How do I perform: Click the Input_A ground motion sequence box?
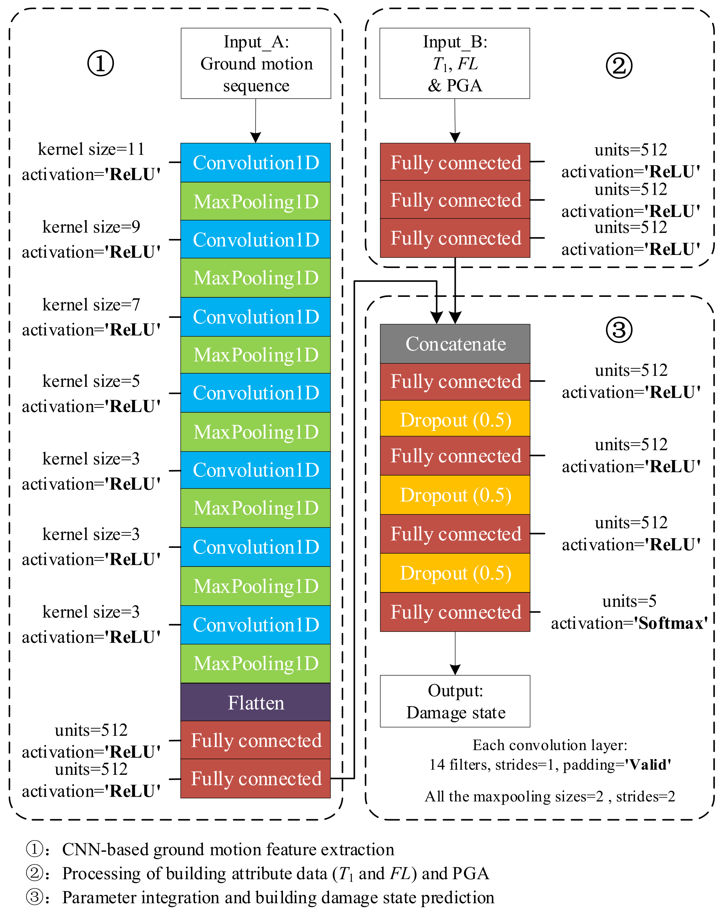(x=256, y=64)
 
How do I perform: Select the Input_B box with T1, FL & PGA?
(x=454, y=64)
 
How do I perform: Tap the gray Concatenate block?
(x=455, y=344)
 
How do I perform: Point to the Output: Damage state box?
(x=455, y=701)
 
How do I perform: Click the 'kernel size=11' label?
(x=91, y=149)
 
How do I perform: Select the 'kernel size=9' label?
(x=91, y=227)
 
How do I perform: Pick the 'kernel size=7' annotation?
(x=91, y=305)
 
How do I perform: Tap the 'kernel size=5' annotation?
(x=91, y=381)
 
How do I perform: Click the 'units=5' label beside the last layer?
(x=629, y=601)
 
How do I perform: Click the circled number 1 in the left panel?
(x=100, y=64)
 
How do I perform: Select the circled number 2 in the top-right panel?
(x=619, y=66)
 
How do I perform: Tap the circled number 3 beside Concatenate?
(x=619, y=330)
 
